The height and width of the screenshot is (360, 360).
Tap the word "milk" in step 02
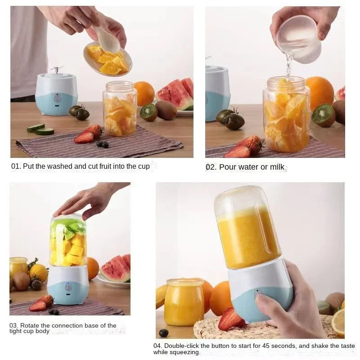click(x=277, y=167)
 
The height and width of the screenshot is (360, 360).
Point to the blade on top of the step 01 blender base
click(x=56, y=69)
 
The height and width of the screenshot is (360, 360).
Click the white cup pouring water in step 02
click(x=299, y=39)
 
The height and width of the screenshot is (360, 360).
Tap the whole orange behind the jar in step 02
click(x=320, y=92)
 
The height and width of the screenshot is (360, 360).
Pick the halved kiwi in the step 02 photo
click(x=324, y=115)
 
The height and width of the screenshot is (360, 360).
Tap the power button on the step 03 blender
click(x=68, y=287)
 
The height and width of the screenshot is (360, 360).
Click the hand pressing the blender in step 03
click(x=88, y=198)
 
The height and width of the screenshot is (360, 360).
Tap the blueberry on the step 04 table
click(x=164, y=333)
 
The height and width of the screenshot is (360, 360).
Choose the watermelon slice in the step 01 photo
click(x=175, y=94)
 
